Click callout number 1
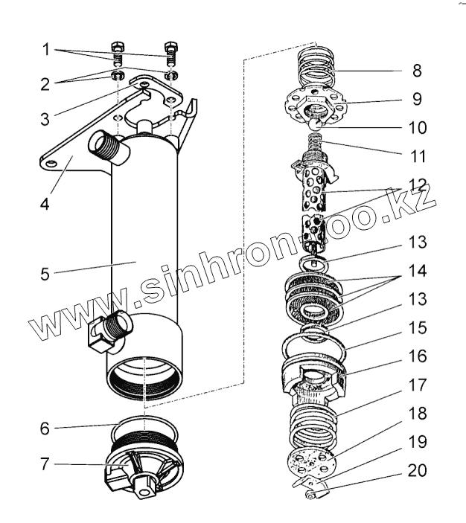46,51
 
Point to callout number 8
416,71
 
